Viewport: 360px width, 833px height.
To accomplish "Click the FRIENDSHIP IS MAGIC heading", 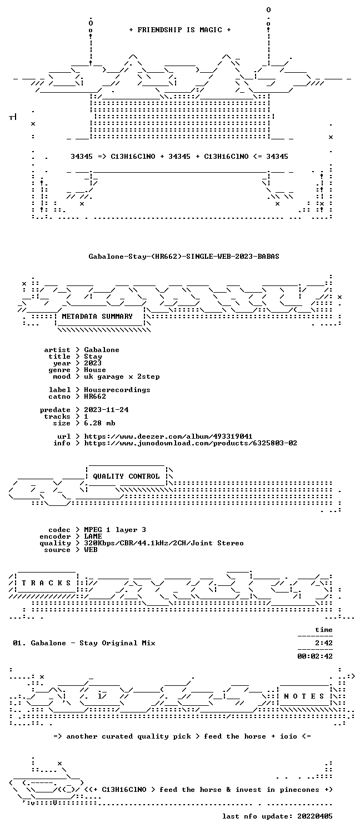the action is [180, 30].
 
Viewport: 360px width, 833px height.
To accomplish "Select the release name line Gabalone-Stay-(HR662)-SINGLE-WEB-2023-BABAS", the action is [184, 256].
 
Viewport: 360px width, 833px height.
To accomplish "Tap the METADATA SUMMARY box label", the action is [97, 317].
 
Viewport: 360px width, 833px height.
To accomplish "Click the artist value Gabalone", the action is [102, 350].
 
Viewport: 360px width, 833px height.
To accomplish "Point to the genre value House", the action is [95, 370].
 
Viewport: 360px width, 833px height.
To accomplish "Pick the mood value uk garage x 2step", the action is [122, 377].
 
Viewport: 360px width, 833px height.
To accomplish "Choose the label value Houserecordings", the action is [117, 390].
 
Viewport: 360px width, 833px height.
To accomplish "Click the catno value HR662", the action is [95, 397].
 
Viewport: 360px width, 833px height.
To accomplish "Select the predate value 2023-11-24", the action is [106, 410].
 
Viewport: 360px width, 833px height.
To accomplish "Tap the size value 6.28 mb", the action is [99, 423].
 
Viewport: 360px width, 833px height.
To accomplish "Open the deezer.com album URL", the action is [168, 436].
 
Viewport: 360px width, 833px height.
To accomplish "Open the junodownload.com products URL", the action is [191, 443].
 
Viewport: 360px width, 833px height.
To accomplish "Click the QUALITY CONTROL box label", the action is [126, 476].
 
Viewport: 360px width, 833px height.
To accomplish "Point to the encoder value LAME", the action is [93, 536].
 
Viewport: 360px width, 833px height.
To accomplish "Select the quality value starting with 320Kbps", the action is [164, 543].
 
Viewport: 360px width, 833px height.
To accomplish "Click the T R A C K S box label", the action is [46, 583].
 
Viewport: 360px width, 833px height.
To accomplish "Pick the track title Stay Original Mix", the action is [117, 643].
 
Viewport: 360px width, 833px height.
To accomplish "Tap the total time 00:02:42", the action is [315, 656].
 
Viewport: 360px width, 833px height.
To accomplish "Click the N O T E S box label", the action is [304, 696].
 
